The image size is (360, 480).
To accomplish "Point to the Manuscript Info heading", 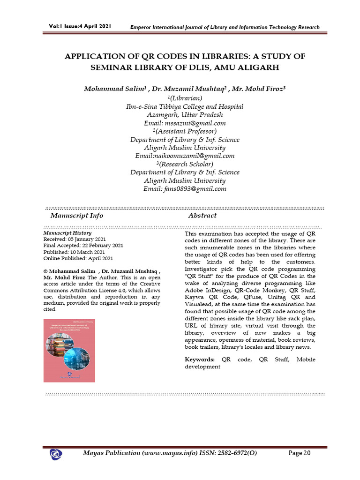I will (x=77, y=216).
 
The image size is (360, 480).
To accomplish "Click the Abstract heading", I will (x=202, y=216).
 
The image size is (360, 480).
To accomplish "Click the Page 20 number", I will (x=300, y=453).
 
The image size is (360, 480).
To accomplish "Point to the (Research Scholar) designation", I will (x=185, y=164).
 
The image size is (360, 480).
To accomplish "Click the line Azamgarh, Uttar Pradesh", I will (x=185, y=115).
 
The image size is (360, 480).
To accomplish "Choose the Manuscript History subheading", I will (x=67, y=233).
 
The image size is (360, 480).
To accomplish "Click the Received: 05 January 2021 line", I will (x=75, y=239).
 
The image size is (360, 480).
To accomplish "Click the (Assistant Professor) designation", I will (x=185, y=131).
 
